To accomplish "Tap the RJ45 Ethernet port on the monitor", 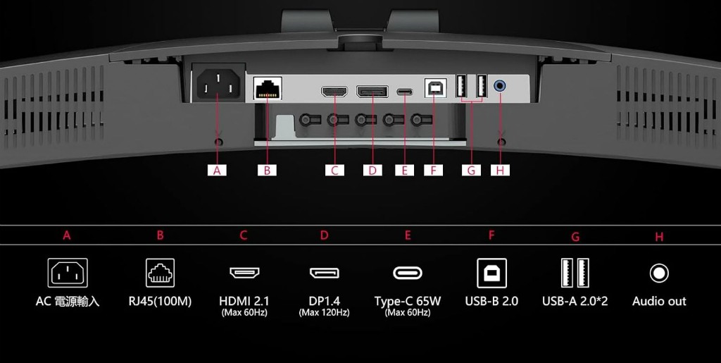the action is click(x=268, y=87).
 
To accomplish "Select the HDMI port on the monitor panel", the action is click(x=334, y=91).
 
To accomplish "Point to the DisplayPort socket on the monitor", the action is click(x=372, y=91).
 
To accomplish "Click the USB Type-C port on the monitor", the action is click(x=405, y=92).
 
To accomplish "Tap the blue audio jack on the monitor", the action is click(x=501, y=85).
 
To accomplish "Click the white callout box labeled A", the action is click(x=217, y=171).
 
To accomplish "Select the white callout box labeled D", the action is click(x=372, y=171).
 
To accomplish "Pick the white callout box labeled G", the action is click(x=471, y=171).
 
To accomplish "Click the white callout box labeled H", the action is click(x=501, y=171).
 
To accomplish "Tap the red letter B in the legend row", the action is click(x=160, y=235).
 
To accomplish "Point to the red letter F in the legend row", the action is click(x=491, y=235).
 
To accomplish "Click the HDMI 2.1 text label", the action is click(x=244, y=302).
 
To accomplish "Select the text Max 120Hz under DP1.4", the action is click(x=324, y=313).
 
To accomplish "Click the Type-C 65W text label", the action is click(x=408, y=302).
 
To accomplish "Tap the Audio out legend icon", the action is click(x=659, y=273).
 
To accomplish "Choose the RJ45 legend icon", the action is click(x=160, y=273).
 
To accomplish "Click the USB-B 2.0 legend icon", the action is click(x=491, y=273).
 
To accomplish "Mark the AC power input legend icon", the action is click(x=68, y=273).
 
